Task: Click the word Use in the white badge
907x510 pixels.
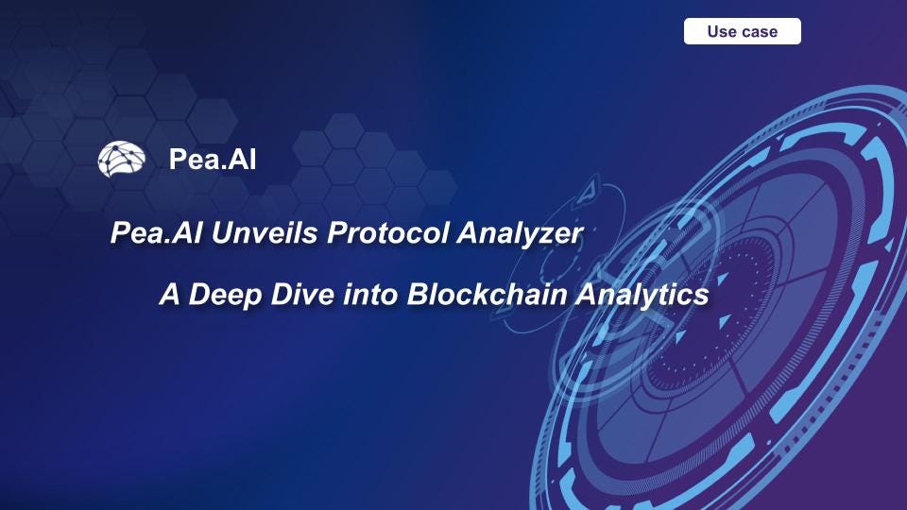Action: [x=722, y=31]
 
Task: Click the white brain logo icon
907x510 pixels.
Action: [x=121, y=159]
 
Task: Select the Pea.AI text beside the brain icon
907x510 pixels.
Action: [x=212, y=160]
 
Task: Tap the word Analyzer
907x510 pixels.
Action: [x=520, y=233]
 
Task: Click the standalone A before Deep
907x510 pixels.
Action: [x=169, y=295]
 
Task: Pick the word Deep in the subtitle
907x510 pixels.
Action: [x=219, y=295]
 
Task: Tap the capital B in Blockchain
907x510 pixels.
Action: [x=417, y=295]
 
